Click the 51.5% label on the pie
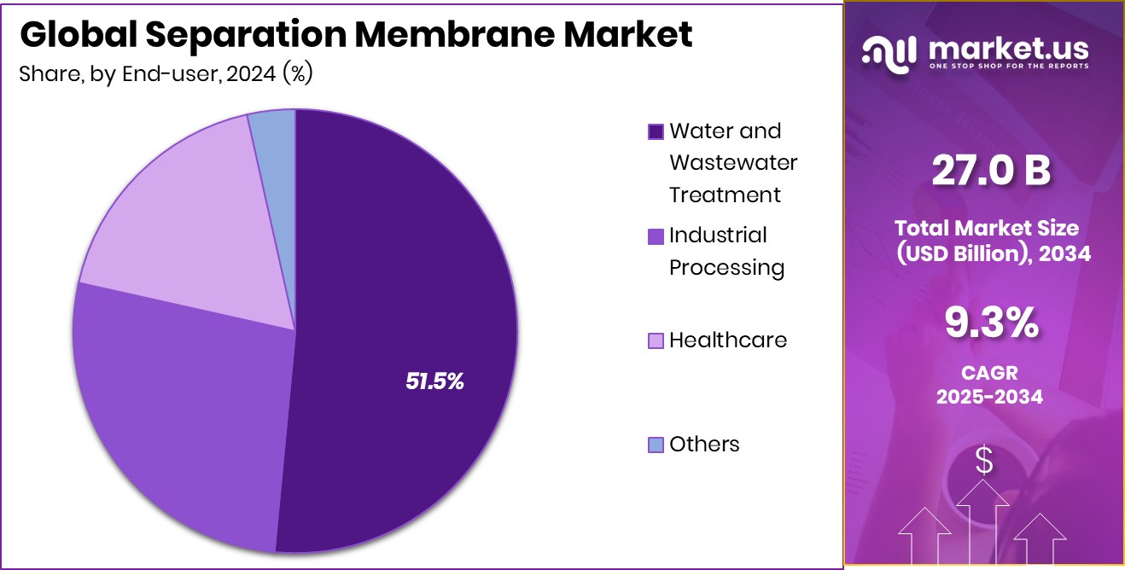click(434, 381)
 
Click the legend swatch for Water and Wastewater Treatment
click(656, 131)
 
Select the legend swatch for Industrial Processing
click(656, 236)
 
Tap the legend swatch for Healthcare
click(656, 340)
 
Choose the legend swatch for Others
click(656, 445)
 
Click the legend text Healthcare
click(727, 340)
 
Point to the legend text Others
click(704, 445)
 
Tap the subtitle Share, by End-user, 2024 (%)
click(166, 74)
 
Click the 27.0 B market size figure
click(990, 172)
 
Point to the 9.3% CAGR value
click(990, 323)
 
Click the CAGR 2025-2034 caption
click(989, 385)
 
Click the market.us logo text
click(1007, 49)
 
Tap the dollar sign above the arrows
click(984, 461)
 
